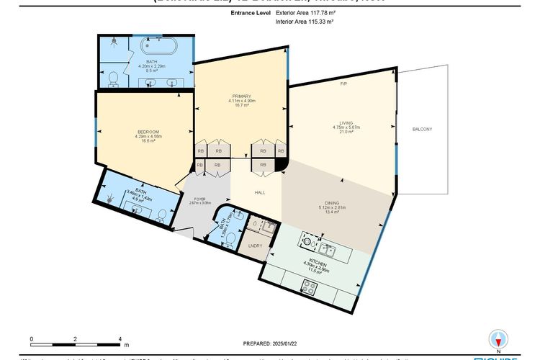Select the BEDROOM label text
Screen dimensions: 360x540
coord(148,132)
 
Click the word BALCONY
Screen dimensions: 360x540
coord(422,129)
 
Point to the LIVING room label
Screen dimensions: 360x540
coord(343,122)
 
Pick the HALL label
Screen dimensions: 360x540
coord(261,192)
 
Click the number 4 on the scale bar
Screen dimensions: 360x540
coord(119,338)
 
